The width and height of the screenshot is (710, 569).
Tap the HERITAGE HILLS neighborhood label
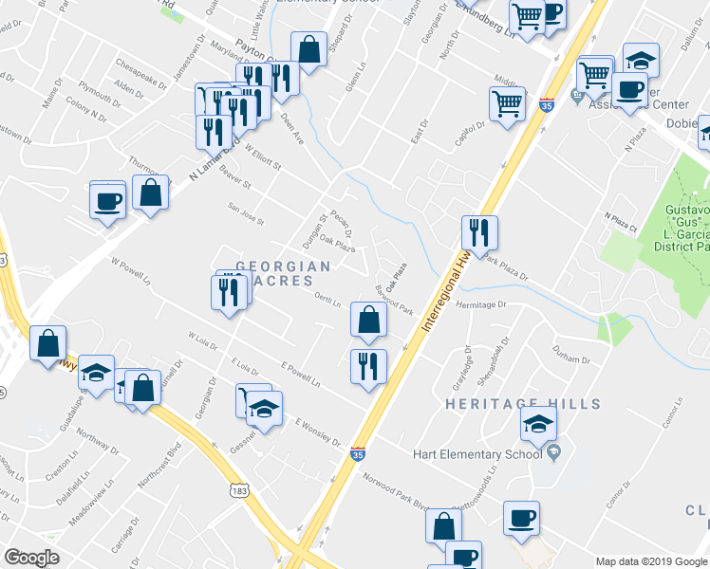pyautogui.click(x=524, y=404)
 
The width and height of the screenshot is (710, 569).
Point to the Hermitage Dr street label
pyautogui.click(x=482, y=305)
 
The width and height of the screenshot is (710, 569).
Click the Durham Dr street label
pyautogui.click(x=572, y=360)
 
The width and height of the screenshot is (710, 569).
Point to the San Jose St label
pyautogui.click(x=244, y=211)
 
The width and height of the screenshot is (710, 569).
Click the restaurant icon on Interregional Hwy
pyautogui.click(x=479, y=232)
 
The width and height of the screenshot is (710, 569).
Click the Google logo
pyautogui.click(x=31, y=558)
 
